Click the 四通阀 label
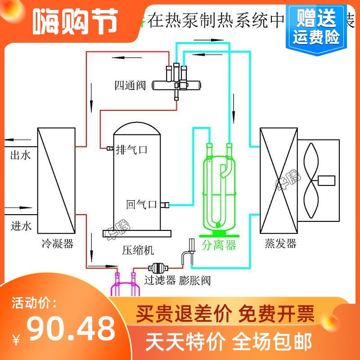(x=130, y=85)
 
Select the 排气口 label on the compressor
(x=132, y=148)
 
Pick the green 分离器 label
(x=219, y=245)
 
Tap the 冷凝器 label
(x=56, y=244)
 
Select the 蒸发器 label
(x=280, y=244)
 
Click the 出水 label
(x=20, y=156)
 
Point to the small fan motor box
(x=327, y=180)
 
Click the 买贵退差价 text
(x=184, y=312)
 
